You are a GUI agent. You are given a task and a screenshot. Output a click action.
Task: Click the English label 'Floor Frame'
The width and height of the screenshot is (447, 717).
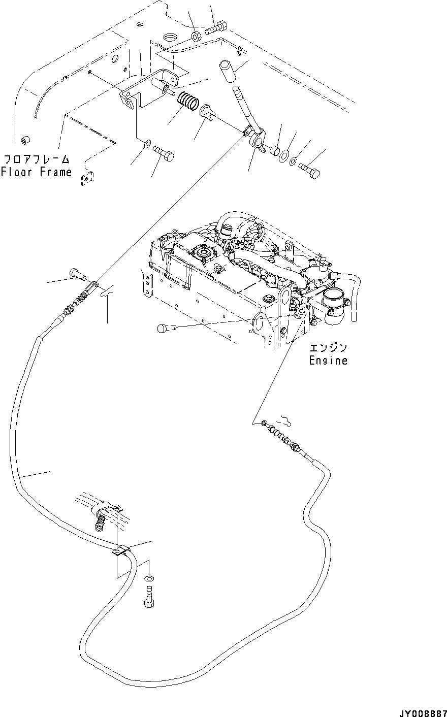[x=37, y=172]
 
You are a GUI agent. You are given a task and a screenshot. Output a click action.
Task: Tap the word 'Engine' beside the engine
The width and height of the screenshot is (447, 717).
[x=328, y=361]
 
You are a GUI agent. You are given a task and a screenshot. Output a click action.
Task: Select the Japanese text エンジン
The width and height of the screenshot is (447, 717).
[x=329, y=348]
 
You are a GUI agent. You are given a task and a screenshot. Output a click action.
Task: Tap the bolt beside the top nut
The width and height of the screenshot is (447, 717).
[x=217, y=28]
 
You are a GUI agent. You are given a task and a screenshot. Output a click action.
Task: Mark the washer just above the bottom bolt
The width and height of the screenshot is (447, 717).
[x=149, y=578]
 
